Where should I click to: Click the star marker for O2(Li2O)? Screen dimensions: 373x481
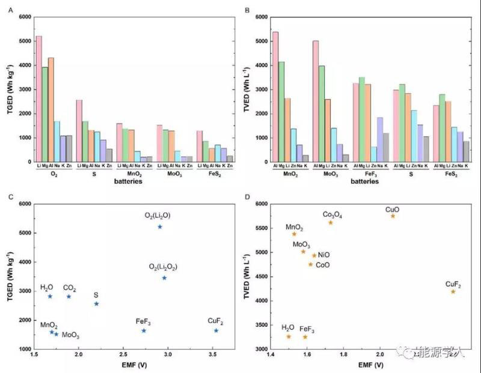tap(159, 226)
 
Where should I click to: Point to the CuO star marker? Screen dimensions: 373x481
tap(393, 216)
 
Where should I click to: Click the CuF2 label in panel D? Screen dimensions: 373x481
tap(453, 284)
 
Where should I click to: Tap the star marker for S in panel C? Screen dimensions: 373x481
tap(96, 303)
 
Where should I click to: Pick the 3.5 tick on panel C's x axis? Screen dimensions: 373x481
tap(212, 355)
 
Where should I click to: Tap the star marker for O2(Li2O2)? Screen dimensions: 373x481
tap(164, 277)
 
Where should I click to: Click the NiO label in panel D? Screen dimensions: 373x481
tap(323, 255)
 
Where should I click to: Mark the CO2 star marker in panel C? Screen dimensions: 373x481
tap(69, 296)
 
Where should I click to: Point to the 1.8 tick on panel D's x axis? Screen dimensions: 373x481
tap(344, 355)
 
